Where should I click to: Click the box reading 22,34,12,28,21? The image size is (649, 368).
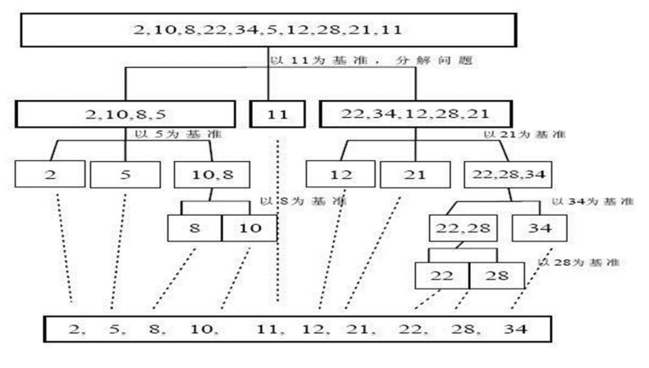click(415, 113)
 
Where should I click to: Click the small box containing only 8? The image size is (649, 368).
click(195, 227)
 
